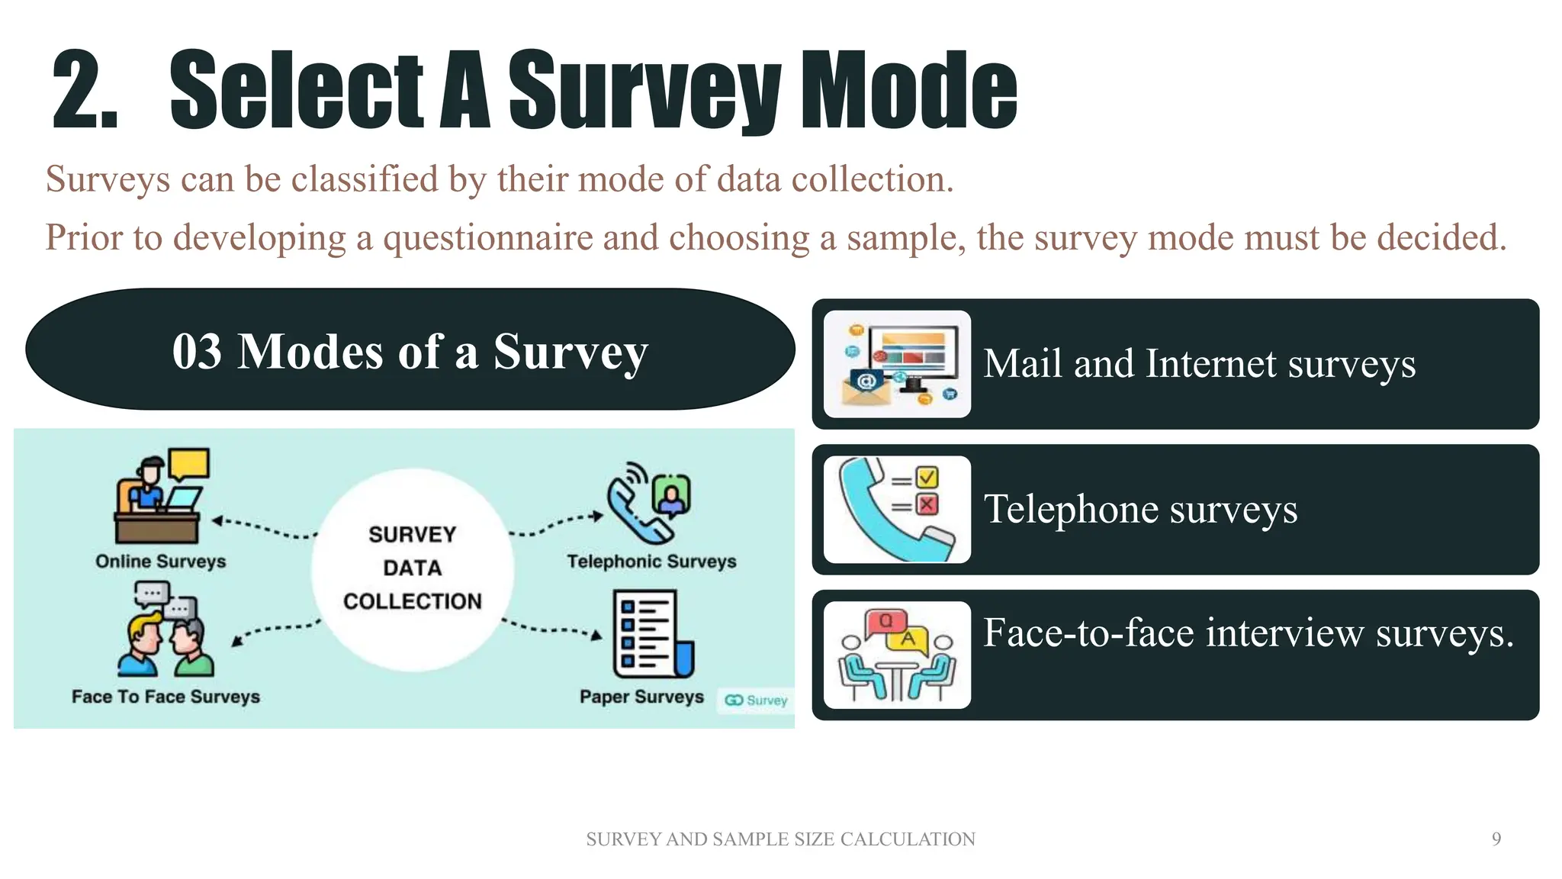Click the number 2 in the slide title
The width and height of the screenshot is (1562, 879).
click(84, 90)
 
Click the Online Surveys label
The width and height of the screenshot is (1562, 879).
click(161, 562)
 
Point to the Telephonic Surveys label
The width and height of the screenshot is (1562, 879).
click(651, 562)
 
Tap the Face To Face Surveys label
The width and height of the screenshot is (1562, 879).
click(166, 697)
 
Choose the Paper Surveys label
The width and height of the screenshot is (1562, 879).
click(641, 697)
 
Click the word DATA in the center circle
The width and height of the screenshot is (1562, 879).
click(412, 568)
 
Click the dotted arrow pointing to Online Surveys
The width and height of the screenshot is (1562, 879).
click(263, 527)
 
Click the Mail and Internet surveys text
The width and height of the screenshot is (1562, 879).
click(1199, 364)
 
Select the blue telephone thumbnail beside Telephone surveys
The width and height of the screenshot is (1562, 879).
click(897, 510)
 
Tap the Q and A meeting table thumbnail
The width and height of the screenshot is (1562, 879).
click(897, 655)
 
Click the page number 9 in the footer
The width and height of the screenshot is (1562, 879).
click(1496, 839)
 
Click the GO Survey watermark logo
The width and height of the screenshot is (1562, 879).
click(755, 700)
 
